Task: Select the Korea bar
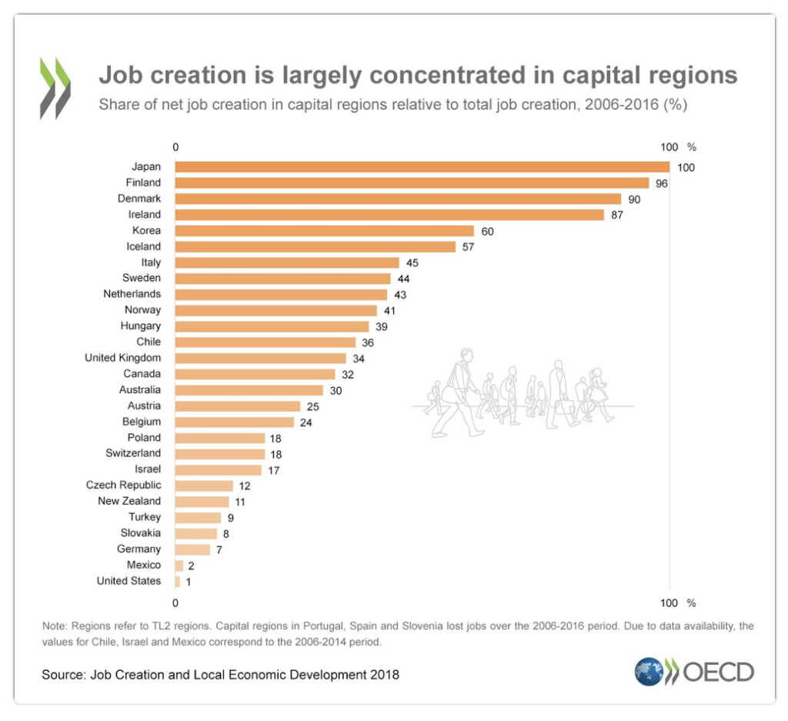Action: click(324, 231)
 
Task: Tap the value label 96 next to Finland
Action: click(661, 183)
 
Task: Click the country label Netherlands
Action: click(132, 294)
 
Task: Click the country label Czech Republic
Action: click(124, 485)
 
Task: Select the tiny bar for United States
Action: click(178, 581)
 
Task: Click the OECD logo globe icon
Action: click(648, 672)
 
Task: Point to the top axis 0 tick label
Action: click(175, 147)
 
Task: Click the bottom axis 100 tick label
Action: click(669, 603)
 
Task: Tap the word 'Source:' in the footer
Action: click(63, 676)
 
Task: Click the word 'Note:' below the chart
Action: click(55, 626)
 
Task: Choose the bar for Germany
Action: click(192, 549)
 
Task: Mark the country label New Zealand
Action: click(129, 501)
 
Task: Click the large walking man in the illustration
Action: click(460, 392)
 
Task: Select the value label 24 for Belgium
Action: click(306, 422)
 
